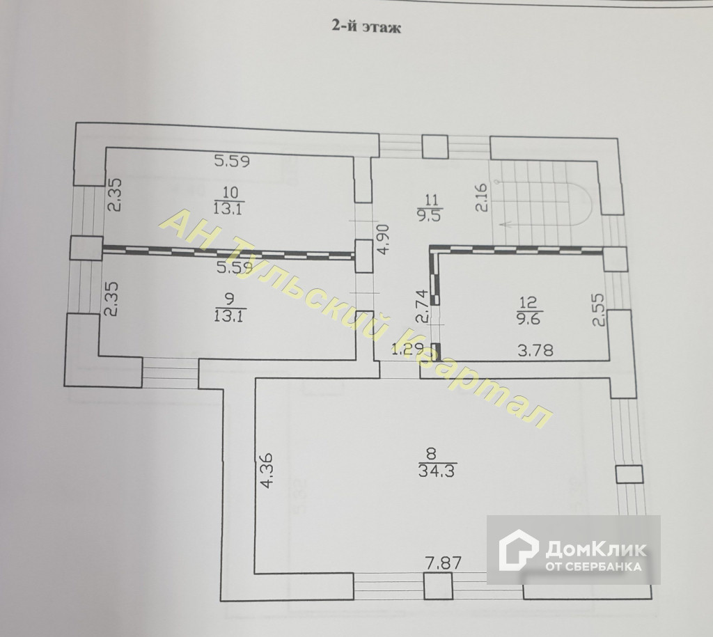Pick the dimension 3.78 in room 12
coord(535,350)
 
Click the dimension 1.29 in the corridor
coord(406,349)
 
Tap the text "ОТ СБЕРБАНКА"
coord(594,567)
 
